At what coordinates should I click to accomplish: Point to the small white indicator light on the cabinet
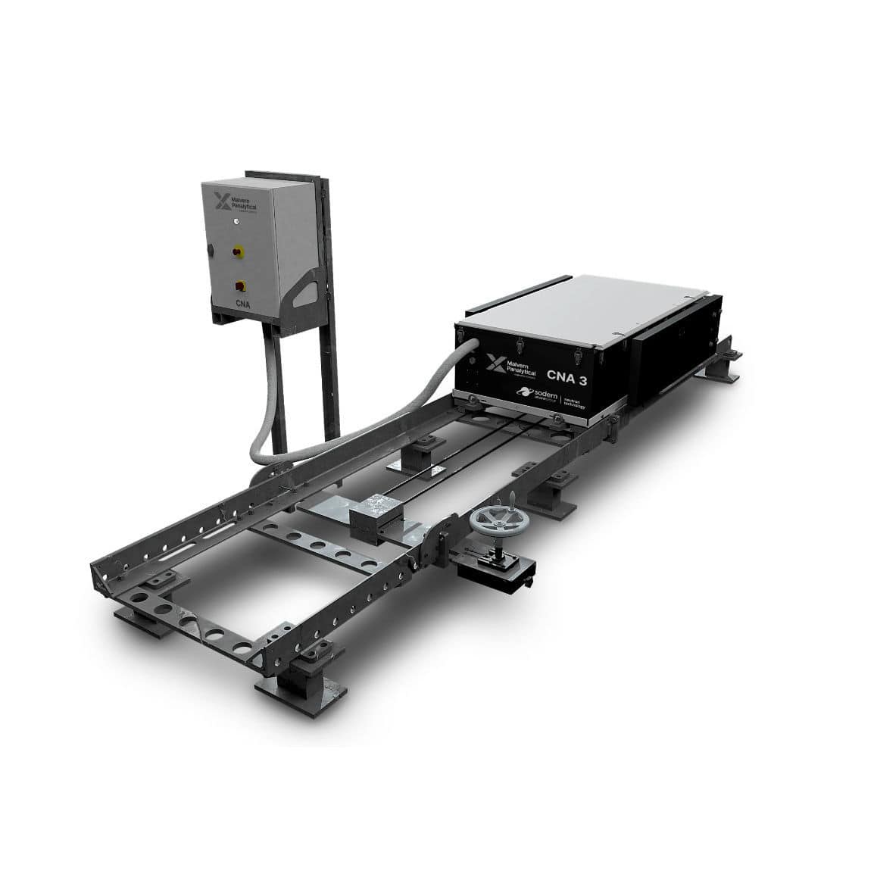click(236, 221)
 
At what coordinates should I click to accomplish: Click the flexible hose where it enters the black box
click(470, 348)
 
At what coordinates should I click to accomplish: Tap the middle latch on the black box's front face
click(520, 345)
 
